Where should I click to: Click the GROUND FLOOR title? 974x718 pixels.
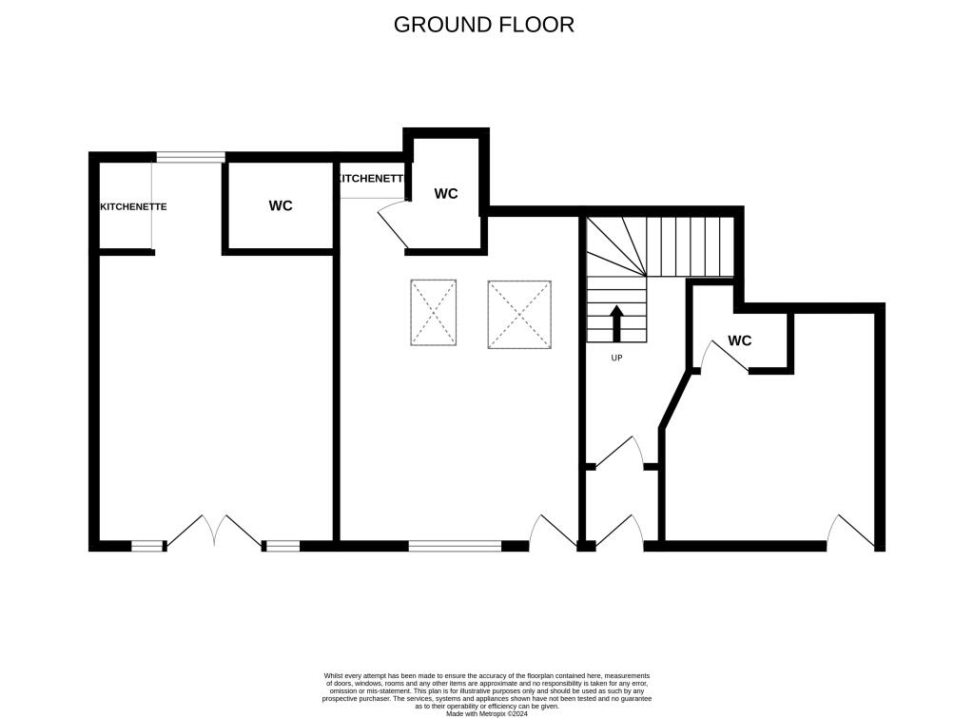[x=484, y=25]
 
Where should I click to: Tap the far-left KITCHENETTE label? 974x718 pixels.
[x=134, y=206]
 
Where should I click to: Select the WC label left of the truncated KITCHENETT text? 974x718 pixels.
[x=281, y=206]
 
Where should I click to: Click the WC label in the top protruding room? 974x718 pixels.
[x=446, y=194]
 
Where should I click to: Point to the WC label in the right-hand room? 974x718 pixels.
[x=740, y=340]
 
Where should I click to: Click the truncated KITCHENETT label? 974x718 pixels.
[x=370, y=179]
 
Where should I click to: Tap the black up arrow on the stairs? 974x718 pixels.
[x=616, y=323]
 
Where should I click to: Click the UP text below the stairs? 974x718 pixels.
[x=616, y=358]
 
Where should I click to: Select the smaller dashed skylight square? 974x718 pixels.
[x=434, y=312]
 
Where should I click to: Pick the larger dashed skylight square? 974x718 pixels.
[x=519, y=314]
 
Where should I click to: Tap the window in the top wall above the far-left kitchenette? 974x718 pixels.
[x=190, y=158]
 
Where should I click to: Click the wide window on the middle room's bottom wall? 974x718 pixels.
[x=455, y=546]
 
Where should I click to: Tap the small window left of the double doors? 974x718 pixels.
[x=147, y=546]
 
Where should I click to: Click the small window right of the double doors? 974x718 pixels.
[x=282, y=546]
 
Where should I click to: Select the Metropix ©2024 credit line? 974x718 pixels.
[x=486, y=713]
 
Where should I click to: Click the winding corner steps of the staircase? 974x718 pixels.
[x=609, y=246]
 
